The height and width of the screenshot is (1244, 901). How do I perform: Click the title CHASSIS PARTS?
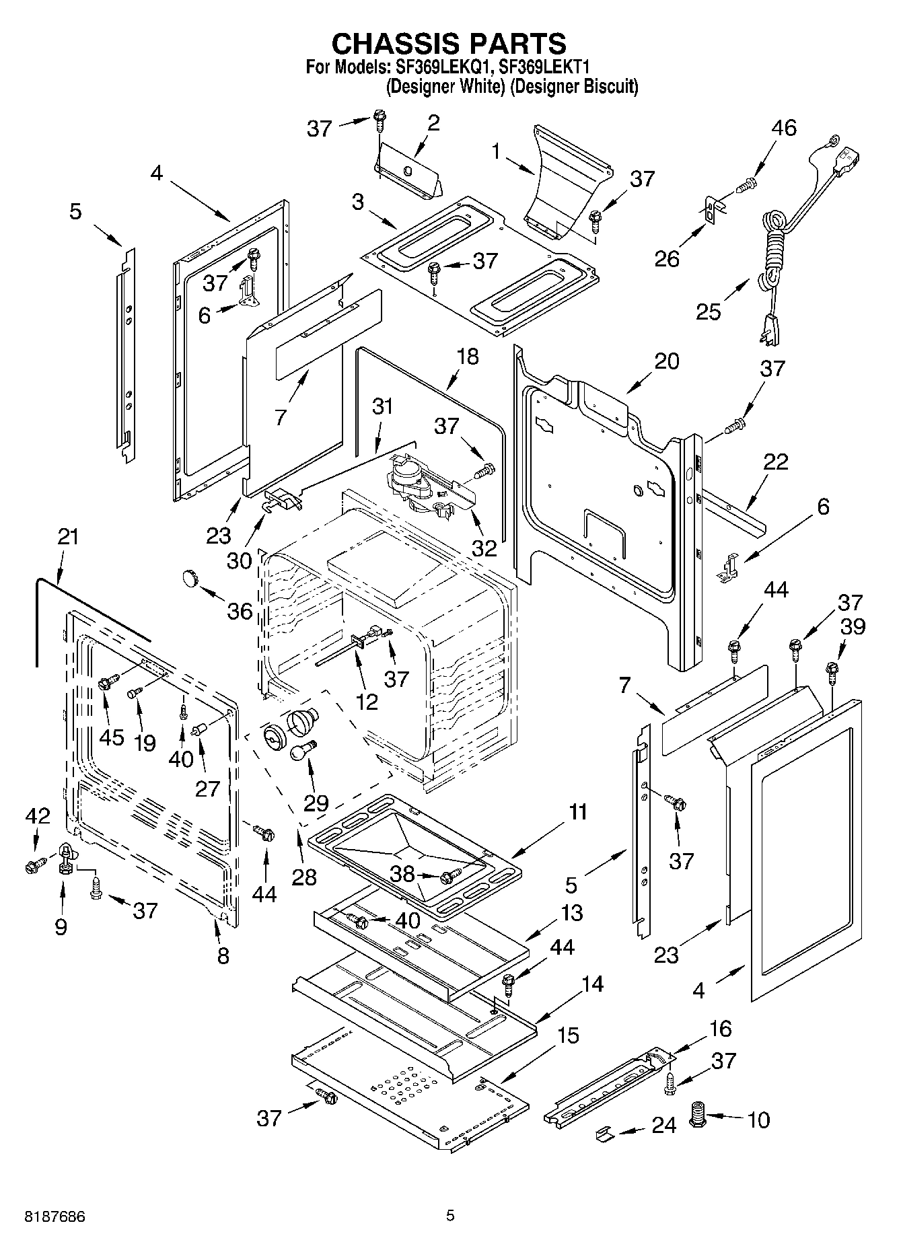coord(449,44)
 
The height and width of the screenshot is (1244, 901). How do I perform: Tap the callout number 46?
coord(783,128)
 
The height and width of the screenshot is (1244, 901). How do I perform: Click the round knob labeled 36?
coord(190,577)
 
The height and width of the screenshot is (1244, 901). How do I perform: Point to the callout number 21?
coord(68,537)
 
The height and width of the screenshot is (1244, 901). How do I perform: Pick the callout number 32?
coord(484,548)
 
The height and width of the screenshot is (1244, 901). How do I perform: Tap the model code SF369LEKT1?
coord(545,67)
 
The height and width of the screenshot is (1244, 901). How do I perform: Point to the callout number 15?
coord(567,1035)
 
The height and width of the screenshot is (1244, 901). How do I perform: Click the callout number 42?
coord(38,816)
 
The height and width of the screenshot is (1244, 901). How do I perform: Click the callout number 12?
coord(367,702)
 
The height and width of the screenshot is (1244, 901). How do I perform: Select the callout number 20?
coord(666,361)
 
